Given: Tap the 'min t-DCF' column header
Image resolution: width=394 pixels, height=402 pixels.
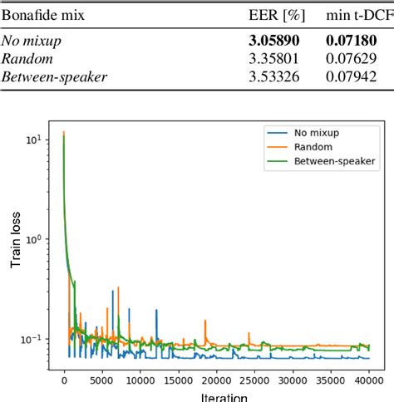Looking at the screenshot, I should tap(359, 14).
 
